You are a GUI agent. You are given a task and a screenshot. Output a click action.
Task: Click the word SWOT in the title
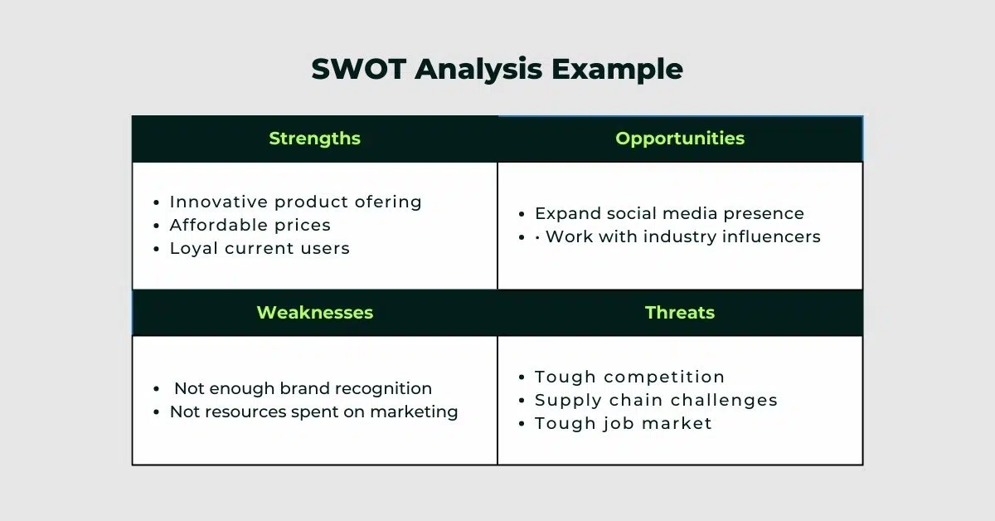tap(358, 69)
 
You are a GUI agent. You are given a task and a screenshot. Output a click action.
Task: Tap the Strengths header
tap(314, 139)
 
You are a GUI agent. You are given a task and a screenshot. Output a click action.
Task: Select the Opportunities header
tap(680, 139)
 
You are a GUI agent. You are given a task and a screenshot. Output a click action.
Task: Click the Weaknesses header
tap(315, 313)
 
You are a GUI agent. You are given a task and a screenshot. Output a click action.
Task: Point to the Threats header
tap(680, 313)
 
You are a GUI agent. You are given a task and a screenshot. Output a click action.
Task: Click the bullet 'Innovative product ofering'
tap(295, 202)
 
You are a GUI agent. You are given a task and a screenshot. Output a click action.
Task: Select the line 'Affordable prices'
tap(250, 225)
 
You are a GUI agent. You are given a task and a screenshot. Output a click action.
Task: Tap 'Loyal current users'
tap(260, 248)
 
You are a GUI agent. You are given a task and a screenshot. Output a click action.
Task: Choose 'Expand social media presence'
tap(669, 213)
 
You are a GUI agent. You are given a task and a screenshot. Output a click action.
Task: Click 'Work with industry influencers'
tap(683, 236)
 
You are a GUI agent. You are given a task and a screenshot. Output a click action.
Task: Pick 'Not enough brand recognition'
tap(303, 388)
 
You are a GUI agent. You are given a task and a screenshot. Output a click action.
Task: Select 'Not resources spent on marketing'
tap(313, 411)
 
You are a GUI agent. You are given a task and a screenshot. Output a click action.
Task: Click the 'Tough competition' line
tap(629, 377)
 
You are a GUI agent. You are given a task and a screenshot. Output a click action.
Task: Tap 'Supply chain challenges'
tap(656, 400)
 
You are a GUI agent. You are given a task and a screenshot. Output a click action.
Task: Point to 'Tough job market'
tap(624, 423)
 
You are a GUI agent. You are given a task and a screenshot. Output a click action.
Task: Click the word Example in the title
tap(618, 70)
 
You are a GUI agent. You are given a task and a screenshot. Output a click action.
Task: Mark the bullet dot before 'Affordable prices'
tap(156, 226)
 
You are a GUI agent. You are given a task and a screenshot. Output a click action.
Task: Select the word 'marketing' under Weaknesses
tap(414, 412)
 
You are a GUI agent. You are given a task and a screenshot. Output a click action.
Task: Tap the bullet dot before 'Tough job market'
tap(522, 424)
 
